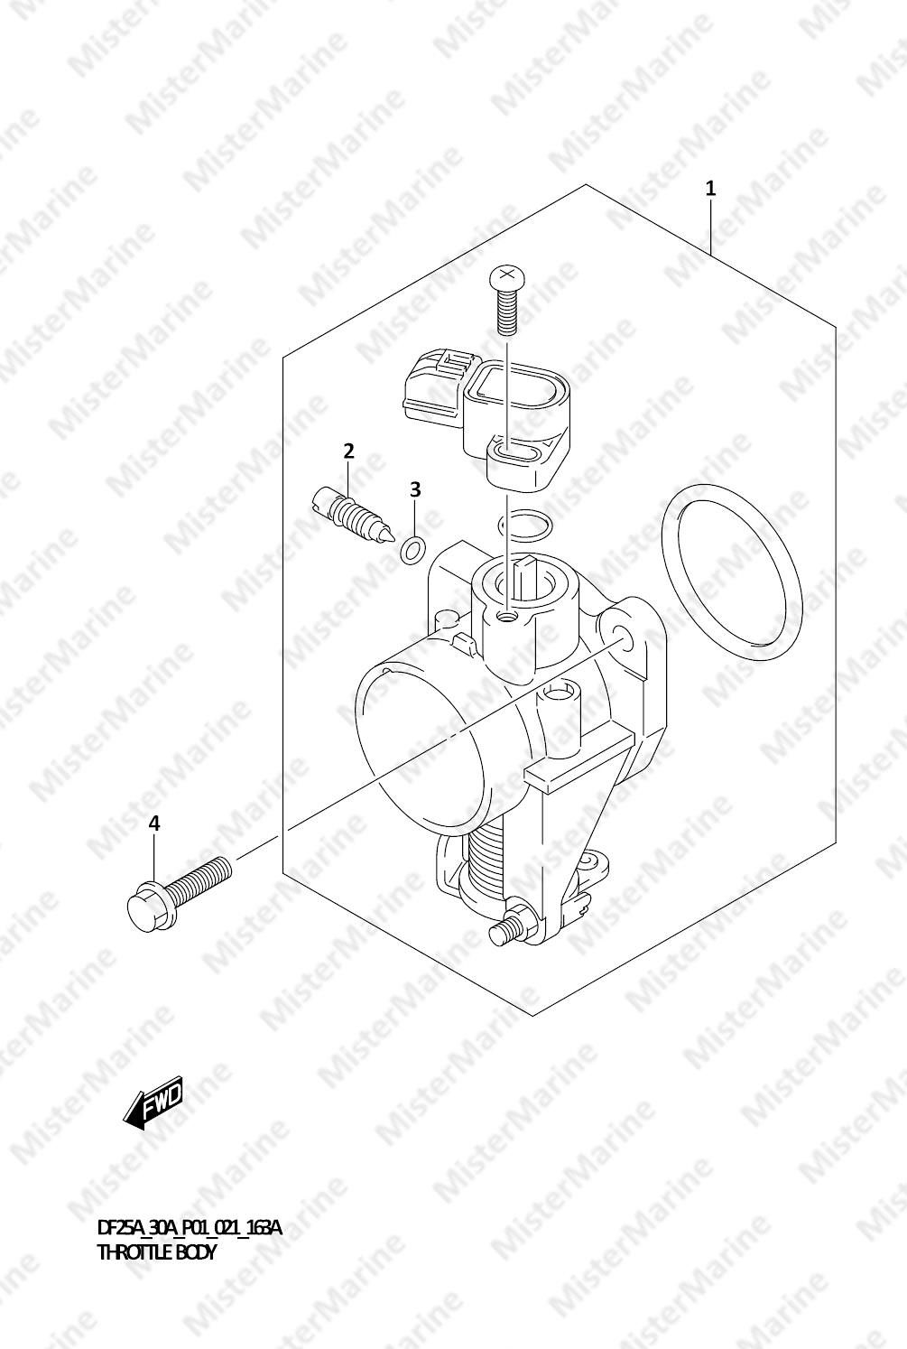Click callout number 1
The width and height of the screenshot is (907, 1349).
point(711,189)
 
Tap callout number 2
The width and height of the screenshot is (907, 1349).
point(349,451)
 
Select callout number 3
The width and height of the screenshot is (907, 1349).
point(415,489)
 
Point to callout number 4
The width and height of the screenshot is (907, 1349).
point(154,823)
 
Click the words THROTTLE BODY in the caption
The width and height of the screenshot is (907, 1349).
point(156,1251)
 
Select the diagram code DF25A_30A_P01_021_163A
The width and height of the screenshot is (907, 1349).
point(190,1228)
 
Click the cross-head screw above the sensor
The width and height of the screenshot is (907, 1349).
point(507,300)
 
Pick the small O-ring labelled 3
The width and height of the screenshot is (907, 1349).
point(412,551)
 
